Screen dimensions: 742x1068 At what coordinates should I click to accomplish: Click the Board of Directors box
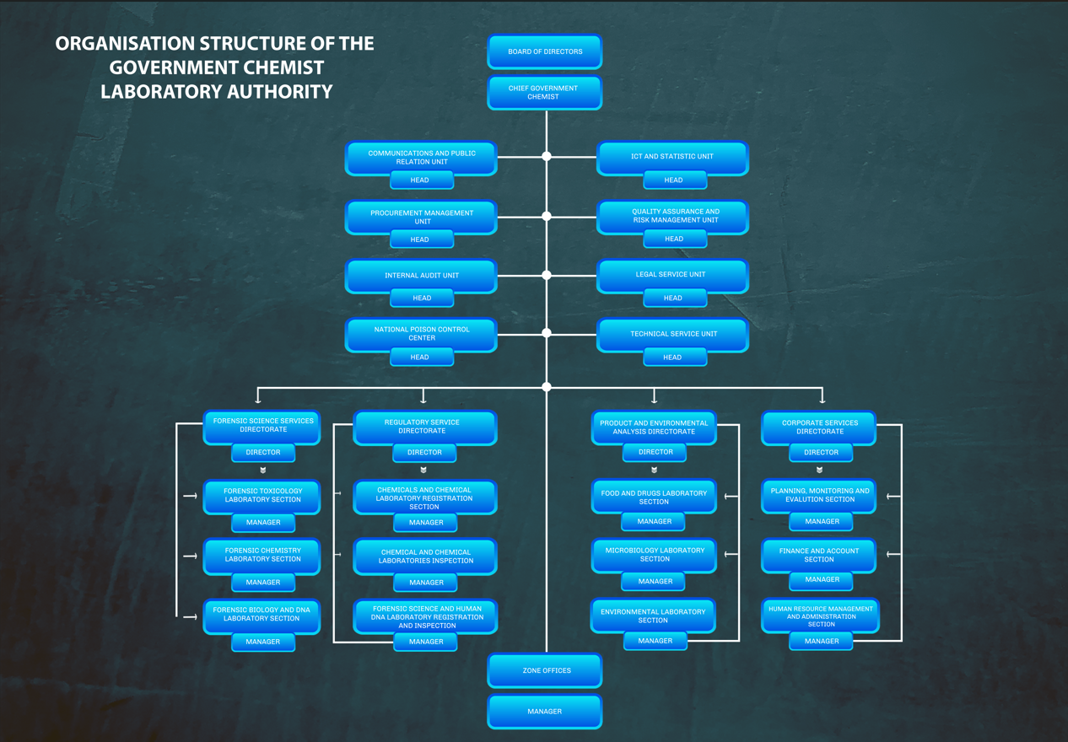(x=544, y=51)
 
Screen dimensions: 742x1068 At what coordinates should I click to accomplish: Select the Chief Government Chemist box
(x=544, y=92)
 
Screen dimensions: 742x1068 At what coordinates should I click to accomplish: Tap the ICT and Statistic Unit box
(x=672, y=156)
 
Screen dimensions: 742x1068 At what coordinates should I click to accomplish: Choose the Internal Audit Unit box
(x=421, y=276)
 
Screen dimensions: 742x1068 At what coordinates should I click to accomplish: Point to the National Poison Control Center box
(x=421, y=333)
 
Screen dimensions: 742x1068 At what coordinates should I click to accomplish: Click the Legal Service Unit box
(x=672, y=274)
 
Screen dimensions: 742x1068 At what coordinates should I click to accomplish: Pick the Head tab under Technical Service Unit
(x=672, y=358)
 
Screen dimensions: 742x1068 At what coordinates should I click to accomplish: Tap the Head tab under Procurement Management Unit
(x=420, y=239)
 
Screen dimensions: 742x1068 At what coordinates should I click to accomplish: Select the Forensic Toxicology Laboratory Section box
(x=262, y=495)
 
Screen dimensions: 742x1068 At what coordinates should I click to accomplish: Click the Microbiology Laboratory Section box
(x=654, y=555)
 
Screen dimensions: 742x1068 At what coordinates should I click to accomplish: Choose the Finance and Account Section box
(x=819, y=555)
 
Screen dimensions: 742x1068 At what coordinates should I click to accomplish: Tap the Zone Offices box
(x=545, y=670)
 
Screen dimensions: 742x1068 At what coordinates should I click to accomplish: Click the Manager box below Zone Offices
(x=545, y=712)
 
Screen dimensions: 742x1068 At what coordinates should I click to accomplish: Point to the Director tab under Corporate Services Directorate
(x=821, y=453)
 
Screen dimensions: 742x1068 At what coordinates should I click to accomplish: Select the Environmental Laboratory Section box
(x=654, y=616)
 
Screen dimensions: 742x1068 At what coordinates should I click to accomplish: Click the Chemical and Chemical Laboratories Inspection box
(x=425, y=556)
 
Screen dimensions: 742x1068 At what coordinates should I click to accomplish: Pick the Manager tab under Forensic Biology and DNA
(x=263, y=642)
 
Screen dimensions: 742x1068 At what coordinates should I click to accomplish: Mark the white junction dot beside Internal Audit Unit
(x=547, y=275)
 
